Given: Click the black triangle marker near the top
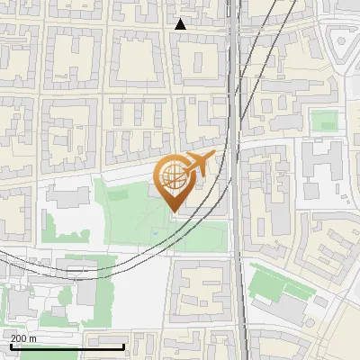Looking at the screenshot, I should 181,24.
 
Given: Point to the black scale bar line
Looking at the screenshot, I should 67,346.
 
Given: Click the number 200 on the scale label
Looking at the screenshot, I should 17,338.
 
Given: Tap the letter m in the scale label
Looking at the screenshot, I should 32,338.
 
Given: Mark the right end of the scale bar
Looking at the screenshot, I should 123,346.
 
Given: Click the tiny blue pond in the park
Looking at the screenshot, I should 155,233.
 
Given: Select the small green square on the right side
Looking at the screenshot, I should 324,121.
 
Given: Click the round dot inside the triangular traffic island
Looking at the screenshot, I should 342,40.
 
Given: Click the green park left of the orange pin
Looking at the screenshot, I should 130,211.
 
